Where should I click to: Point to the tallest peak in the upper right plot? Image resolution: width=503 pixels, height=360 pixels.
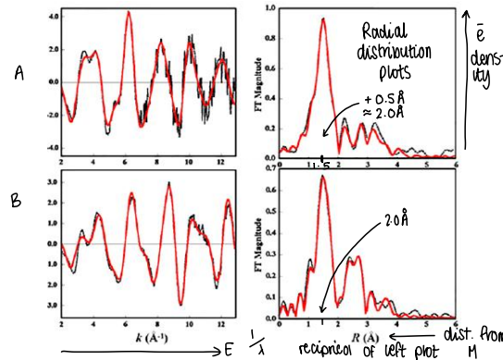point(323,19)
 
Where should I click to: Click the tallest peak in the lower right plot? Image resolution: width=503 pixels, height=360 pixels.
point(322,177)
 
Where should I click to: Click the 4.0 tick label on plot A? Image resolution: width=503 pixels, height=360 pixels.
point(52,17)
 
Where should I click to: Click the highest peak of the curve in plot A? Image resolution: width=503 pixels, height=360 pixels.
point(128,13)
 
